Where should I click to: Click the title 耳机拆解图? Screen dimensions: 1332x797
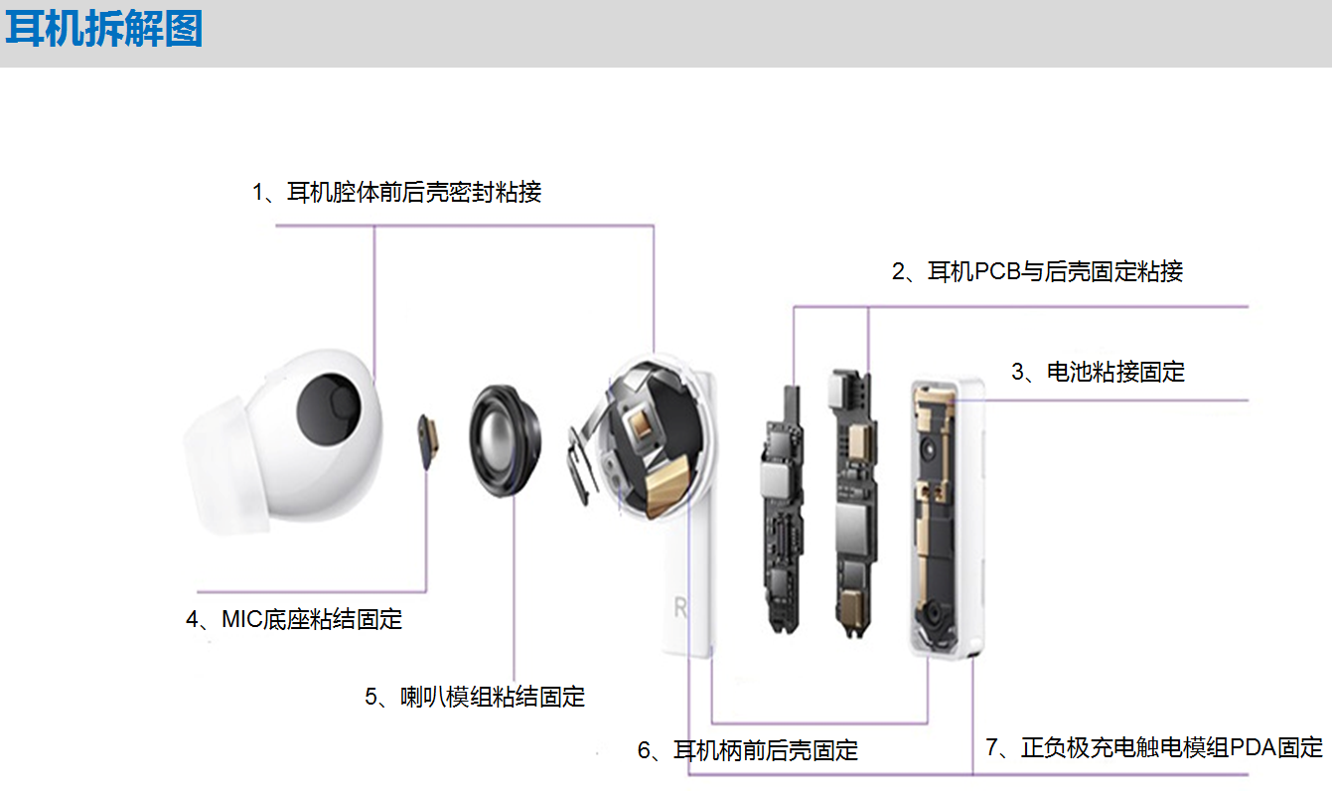click(104, 29)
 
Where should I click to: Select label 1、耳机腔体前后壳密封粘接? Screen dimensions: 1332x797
click(396, 192)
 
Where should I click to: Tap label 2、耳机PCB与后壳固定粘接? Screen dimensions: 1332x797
click(1037, 271)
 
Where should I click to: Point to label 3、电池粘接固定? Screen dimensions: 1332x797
click(1098, 372)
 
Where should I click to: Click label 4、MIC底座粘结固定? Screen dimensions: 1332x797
click(294, 619)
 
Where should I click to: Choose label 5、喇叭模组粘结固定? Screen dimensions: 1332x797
click(475, 697)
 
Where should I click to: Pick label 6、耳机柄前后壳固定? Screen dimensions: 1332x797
click(748, 750)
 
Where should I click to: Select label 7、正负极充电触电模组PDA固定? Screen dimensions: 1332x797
click(1154, 747)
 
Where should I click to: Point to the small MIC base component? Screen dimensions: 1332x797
click(428, 440)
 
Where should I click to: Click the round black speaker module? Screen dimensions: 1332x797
click(505, 440)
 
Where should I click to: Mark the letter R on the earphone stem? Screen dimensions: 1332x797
click(680, 607)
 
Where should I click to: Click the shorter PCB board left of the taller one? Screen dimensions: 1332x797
click(783, 510)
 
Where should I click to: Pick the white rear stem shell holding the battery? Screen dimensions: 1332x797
click(948, 518)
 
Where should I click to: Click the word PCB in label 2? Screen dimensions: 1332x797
click(997, 271)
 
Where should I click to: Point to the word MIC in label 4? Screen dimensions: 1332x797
click(241, 619)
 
